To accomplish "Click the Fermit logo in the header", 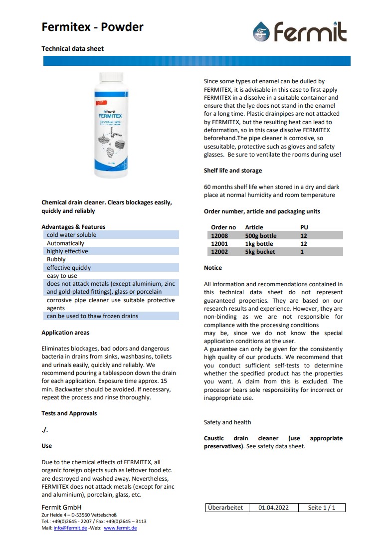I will pyautogui.click(x=299, y=32).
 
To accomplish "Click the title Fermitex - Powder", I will pyautogui.click(x=92, y=27).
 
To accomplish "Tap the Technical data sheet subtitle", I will pyautogui.click(x=72, y=49).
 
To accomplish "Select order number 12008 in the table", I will pyautogui.click(x=219, y=236).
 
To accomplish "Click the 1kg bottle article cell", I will pyautogui.click(x=259, y=244).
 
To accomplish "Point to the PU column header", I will pyautogui.click(x=304, y=227).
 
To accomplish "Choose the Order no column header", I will pyautogui.click(x=223, y=227).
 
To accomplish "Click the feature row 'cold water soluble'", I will pyautogui.click(x=71, y=235).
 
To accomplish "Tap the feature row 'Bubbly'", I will pyautogui.click(x=56, y=260).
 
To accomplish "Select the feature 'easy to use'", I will pyautogui.click(x=62, y=276).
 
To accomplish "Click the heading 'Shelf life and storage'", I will pyautogui.click(x=232, y=171).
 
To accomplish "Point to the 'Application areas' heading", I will pyautogui.click(x=65, y=333).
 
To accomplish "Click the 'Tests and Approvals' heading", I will pyautogui.click(x=69, y=413).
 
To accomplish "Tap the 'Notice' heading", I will pyautogui.click(x=212, y=268).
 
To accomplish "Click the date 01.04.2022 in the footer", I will pyautogui.click(x=273, y=508).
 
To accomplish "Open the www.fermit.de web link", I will pyautogui.click(x=120, y=528).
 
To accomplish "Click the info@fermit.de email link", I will pyautogui.click(x=70, y=528).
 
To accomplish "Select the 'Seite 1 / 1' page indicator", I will pyautogui.click(x=322, y=508).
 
